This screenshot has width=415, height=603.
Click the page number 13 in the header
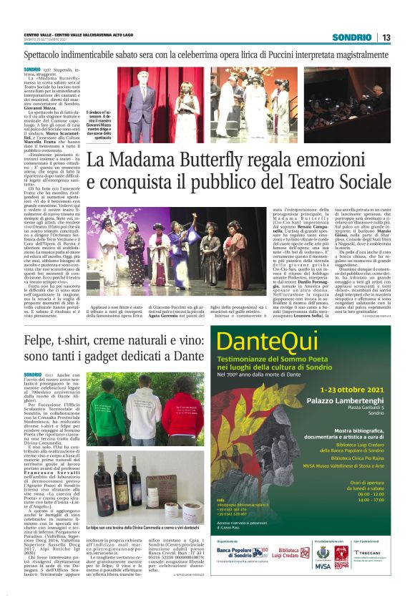(x=386, y=37)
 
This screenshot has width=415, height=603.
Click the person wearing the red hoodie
(x=181, y=412)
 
